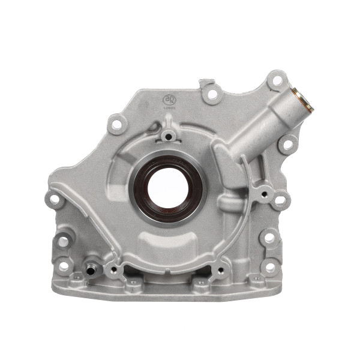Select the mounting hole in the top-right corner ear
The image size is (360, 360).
pyautogui.click(x=277, y=80)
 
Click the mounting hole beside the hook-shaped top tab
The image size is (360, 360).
pyautogui.click(x=212, y=94)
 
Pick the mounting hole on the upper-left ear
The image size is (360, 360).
pyautogui.click(x=117, y=125)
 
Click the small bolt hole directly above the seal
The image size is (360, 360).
pyautogui.click(x=169, y=137)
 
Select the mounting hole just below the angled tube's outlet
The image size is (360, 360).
pyautogui.click(x=288, y=144)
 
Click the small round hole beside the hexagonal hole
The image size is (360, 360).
pyautogui.click(x=262, y=194)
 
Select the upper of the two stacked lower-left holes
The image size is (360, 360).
pyautogui.click(x=63, y=242)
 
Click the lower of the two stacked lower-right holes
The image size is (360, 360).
pyautogui.click(x=270, y=267)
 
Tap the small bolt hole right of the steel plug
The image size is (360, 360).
pyautogui.click(x=112, y=269)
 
